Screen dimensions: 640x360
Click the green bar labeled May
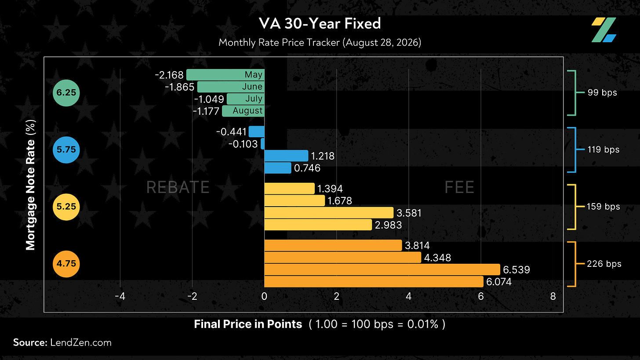pyautogui.click(x=225, y=75)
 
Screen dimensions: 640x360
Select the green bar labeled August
pyautogui.click(x=244, y=111)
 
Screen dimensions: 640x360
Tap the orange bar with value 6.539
pyautogui.click(x=382, y=269)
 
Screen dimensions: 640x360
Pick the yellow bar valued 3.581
pyautogui.click(x=329, y=213)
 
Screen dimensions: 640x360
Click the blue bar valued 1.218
pyautogui.click(x=286, y=156)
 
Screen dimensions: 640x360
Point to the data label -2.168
pyautogui.click(x=169, y=75)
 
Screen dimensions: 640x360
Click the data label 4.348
pyautogui.click(x=437, y=258)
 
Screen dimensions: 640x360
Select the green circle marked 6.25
pyautogui.click(x=66, y=93)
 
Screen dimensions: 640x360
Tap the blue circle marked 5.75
pyautogui.click(x=66, y=150)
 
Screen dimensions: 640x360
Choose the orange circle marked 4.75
pyautogui.click(x=66, y=264)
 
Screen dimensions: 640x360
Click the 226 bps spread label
pyautogui.click(x=604, y=264)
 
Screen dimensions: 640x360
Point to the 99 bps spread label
pyautogui.click(x=602, y=93)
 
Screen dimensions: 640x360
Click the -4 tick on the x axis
pyautogui.click(x=120, y=296)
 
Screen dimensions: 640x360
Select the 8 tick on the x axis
pyautogui.click(x=553, y=296)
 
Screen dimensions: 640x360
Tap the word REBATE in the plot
pyautogui.click(x=178, y=187)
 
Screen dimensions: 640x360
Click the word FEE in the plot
pyautogui.click(x=459, y=187)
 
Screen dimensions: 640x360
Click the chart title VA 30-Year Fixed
pyautogui.click(x=320, y=23)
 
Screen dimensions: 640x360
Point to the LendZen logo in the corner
pyautogui.click(x=604, y=30)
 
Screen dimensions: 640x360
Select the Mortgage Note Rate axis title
pyautogui.click(x=31, y=185)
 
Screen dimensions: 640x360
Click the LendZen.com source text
pyautogui.click(x=81, y=342)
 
